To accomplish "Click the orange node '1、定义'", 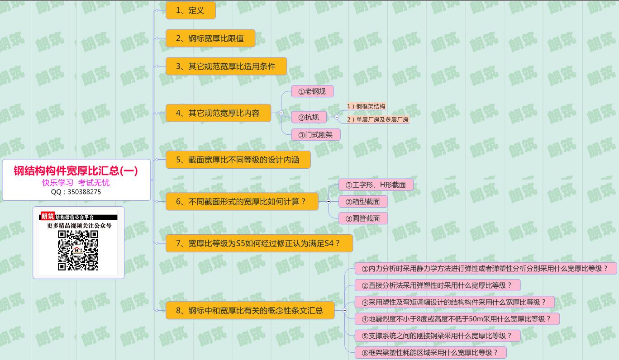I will [190, 10].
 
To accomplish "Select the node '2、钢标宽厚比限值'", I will [210, 38].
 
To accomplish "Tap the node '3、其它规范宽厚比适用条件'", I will [226, 66].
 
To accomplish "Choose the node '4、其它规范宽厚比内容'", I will [218, 113].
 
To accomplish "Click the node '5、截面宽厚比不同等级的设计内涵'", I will [238, 160].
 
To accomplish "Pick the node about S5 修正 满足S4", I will [259, 243].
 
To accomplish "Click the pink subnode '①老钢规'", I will [312, 91].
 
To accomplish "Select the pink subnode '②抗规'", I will [309, 118].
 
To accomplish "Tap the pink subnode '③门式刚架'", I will [316, 135].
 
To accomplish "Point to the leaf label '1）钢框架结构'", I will [366, 107].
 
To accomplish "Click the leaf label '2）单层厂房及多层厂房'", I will [377, 120].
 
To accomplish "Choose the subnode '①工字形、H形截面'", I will [376, 185].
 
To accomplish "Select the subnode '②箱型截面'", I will [363, 202].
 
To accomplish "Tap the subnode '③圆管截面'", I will [363, 219].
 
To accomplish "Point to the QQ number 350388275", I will [76, 192].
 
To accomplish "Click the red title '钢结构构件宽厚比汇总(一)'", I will [76, 171].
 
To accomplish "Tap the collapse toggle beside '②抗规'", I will [337, 117].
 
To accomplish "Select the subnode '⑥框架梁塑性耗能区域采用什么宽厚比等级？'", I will [430, 353].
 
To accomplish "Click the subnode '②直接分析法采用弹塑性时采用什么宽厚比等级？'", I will [437, 285].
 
